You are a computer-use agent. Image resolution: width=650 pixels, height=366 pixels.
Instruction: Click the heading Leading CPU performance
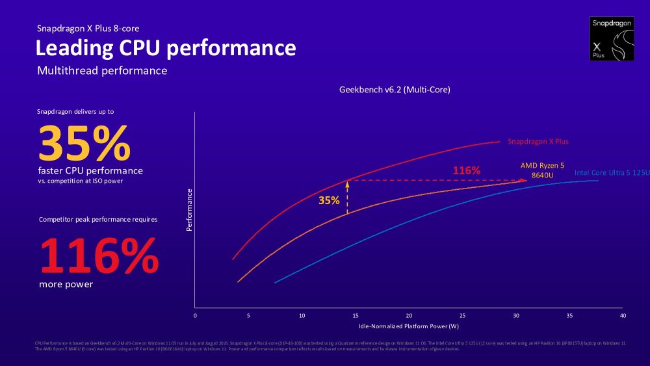pyautogui.click(x=165, y=48)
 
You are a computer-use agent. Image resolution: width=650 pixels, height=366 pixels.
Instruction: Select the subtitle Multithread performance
pyautogui.click(x=102, y=70)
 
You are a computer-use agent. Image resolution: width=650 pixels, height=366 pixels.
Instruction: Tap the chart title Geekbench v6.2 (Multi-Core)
pyautogui.click(x=395, y=90)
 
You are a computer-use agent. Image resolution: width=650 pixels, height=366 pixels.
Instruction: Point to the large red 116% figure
pyautogui.click(x=99, y=256)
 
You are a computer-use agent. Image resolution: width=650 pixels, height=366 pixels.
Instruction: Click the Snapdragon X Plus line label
pyautogui.click(x=538, y=141)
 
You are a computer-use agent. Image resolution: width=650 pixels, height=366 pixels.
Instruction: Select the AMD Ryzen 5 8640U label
pyautogui.click(x=542, y=170)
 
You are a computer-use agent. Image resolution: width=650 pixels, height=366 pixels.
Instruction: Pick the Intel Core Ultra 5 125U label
pyautogui.click(x=612, y=172)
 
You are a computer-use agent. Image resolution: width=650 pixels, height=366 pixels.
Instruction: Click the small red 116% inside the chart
pyautogui.click(x=466, y=170)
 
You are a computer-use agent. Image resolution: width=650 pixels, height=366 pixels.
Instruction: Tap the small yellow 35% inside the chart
pyautogui.click(x=329, y=200)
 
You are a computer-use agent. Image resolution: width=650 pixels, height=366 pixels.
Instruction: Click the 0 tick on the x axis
pyautogui.click(x=195, y=315)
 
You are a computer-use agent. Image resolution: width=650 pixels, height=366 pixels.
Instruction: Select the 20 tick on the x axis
pyautogui.click(x=409, y=315)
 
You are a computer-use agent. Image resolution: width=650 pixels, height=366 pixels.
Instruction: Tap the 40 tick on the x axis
pyautogui.click(x=623, y=315)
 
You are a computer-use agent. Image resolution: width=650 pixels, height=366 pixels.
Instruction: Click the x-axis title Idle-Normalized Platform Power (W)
pyautogui.click(x=409, y=326)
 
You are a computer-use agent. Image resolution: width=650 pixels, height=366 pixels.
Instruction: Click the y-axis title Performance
pyautogui.click(x=189, y=210)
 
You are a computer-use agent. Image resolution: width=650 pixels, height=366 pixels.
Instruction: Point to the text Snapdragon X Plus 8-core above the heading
pyautogui.click(x=88, y=29)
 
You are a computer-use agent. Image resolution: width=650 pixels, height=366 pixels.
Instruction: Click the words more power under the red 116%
pyautogui.click(x=66, y=284)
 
